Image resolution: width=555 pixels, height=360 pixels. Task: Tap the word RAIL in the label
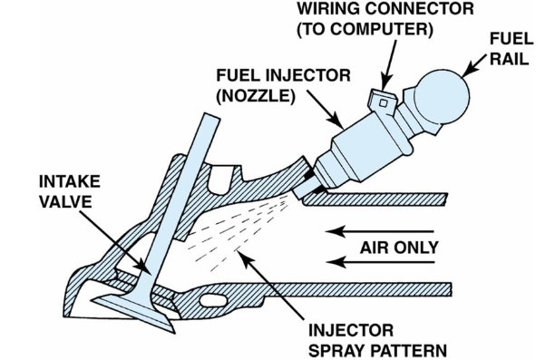click(x=510, y=59)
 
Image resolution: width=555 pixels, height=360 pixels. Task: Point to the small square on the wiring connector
click(x=383, y=103)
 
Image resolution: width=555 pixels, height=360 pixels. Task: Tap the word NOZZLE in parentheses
click(x=256, y=96)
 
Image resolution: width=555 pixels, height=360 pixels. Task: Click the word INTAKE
click(x=70, y=181)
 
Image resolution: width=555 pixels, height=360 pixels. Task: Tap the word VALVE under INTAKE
click(x=65, y=202)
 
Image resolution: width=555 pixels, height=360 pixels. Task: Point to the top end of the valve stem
click(x=212, y=116)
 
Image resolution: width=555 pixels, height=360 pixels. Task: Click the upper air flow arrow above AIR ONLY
click(x=380, y=231)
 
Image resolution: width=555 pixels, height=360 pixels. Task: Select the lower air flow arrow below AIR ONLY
click(x=380, y=262)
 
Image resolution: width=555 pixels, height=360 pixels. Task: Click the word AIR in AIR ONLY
click(x=375, y=248)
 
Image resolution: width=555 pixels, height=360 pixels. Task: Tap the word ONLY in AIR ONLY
click(x=416, y=248)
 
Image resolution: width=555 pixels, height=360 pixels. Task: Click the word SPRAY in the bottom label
click(x=336, y=351)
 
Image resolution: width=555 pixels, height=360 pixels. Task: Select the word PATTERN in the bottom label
click(x=408, y=351)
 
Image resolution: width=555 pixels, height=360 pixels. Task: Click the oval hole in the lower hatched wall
click(x=213, y=300)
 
